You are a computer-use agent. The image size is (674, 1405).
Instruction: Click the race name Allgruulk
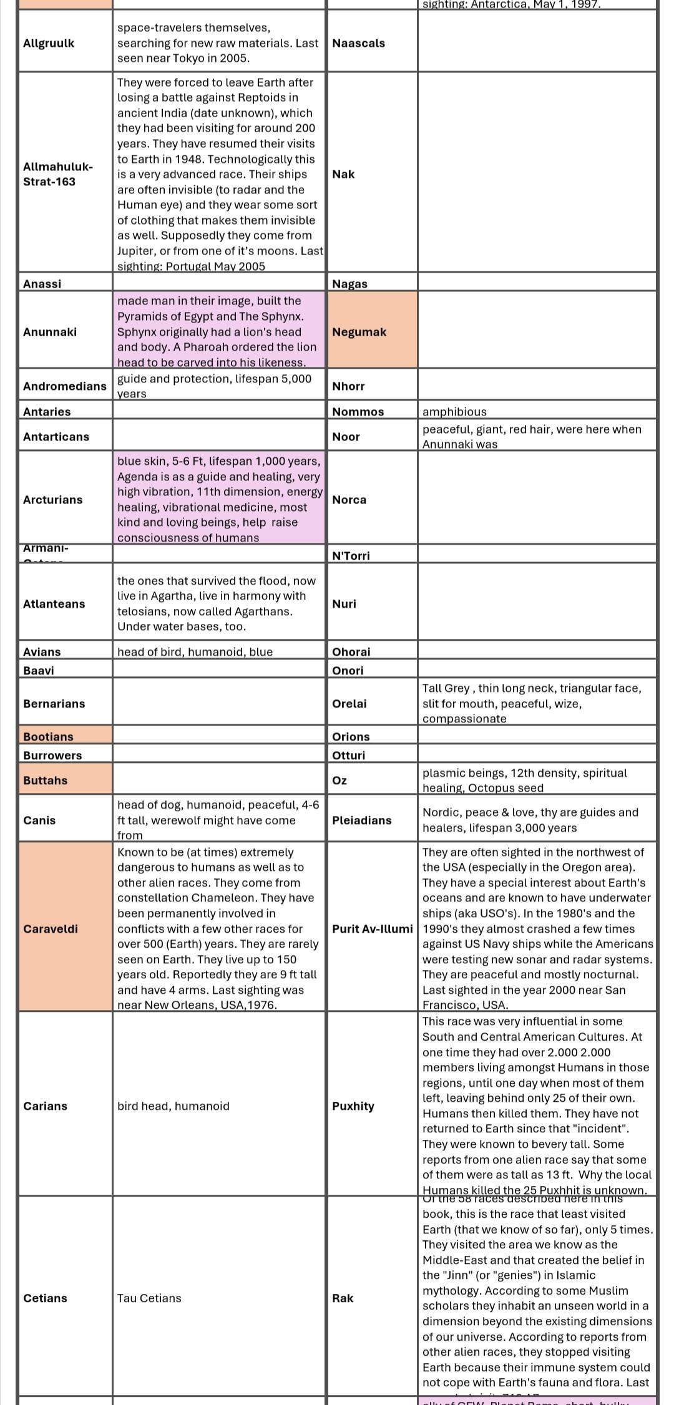[49, 43]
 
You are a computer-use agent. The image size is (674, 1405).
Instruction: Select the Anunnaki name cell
[50, 332]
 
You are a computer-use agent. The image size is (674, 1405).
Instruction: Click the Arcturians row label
[52, 500]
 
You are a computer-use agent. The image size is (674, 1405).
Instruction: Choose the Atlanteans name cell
[54, 604]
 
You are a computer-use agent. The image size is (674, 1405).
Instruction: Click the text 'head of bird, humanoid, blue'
[195, 652]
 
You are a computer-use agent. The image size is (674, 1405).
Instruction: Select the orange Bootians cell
[49, 737]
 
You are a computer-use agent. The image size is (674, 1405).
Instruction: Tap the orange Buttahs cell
[46, 780]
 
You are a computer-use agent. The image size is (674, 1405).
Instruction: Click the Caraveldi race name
[51, 929]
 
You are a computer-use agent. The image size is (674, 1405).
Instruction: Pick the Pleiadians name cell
[362, 820]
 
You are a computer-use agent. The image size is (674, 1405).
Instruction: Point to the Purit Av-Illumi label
[373, 929]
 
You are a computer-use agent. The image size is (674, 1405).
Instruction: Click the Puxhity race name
[353, 1106]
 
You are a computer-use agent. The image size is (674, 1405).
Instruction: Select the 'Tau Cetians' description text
[149, 1298]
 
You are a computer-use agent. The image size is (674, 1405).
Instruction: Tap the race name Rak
[343, 1298]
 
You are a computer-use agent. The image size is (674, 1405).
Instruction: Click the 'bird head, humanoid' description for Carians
[173, 1106]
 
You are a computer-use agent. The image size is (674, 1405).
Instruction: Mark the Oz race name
[339, 780]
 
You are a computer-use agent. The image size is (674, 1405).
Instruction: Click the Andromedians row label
[65, 386]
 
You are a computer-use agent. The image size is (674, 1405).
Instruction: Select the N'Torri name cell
[351, 556]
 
